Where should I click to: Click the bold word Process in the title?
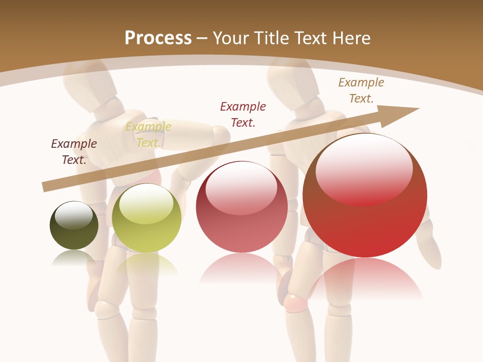pyautogui.click(x=158, y=38)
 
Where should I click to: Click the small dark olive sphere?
pyautogui.click(x=74, y=225)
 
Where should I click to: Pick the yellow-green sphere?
pyautogui.click(x=146, y=218)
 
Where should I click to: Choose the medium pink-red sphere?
pyautogui.click(x=242, y=207)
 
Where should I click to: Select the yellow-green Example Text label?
pyautogui.click(x=148, y=135)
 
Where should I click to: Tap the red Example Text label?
pyautogui.click(x=243, y=114)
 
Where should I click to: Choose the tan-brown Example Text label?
pyautogui.click(x=361, y=90)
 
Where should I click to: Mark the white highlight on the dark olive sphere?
pyautogui.click(x=73, y=215)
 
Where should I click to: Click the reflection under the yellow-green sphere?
pyautogui.click(x=146, y=264)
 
